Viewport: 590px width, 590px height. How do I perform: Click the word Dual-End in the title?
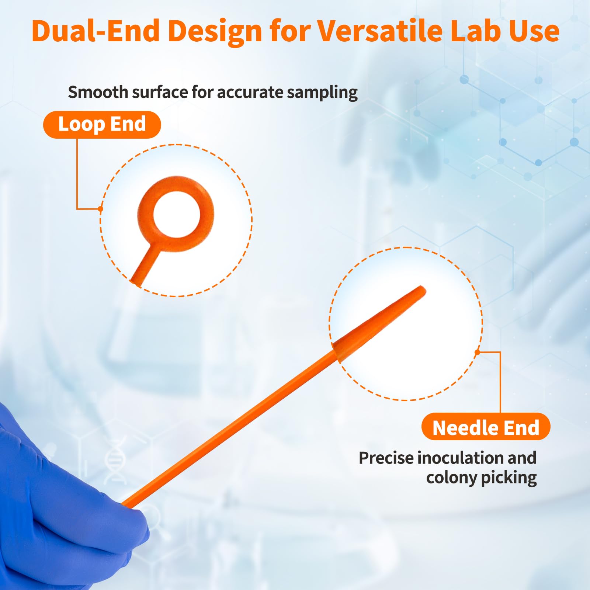pos(96,31)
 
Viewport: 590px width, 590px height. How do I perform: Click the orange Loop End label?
pos(102,125)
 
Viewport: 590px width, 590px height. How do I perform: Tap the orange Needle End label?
pos(486,427)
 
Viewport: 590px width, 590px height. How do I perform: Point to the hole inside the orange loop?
pos(176,214)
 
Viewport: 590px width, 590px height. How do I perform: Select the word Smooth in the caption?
pos(98,92)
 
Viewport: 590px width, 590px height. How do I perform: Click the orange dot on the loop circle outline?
pos(100,209)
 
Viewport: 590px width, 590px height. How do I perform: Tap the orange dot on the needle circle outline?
pos(477,352)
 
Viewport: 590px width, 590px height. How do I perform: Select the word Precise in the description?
pos(386,458)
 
